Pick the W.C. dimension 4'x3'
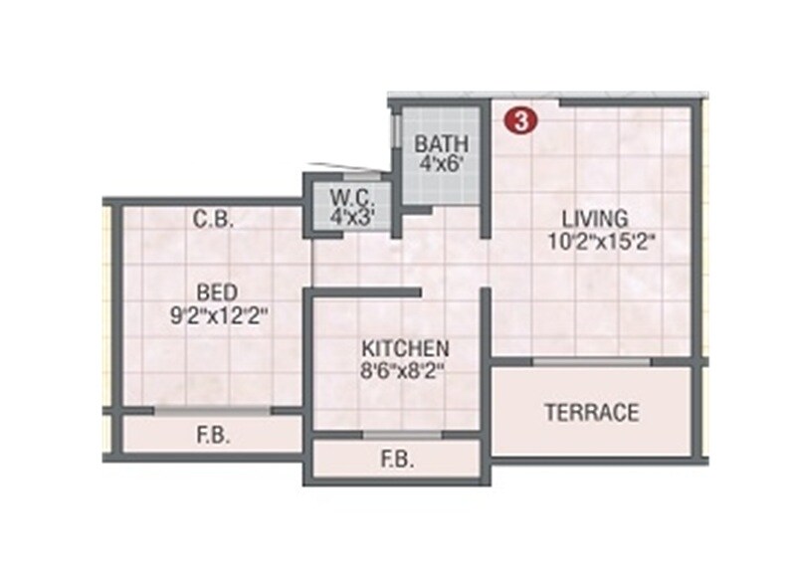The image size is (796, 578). pos(349,215)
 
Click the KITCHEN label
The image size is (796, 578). pos(405,350)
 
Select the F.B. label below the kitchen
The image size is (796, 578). pos(397,462)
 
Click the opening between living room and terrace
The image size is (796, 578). pos(593,361)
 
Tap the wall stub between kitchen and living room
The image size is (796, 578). pos(487,318)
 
